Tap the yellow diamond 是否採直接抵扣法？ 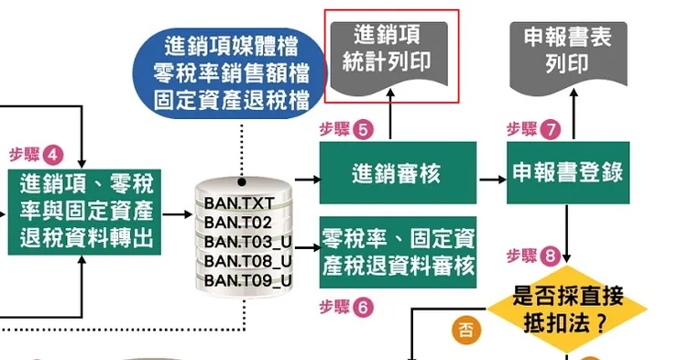click(x=569, y=309)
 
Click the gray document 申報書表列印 click(x=569, y=50)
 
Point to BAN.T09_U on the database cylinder click(x=247, y=280)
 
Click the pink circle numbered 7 click(x=550, y=129)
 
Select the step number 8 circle click(x=550, y=255)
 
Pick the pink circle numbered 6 click(x=363, y=308)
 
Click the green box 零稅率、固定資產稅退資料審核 click(x=398, y=253)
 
